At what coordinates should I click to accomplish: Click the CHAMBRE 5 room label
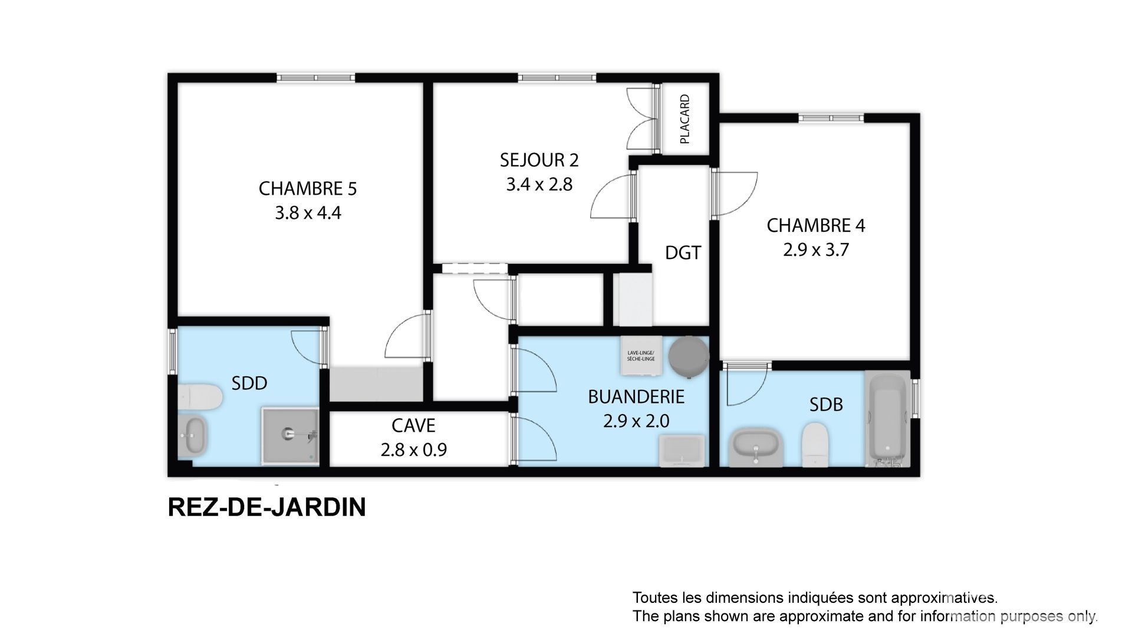coord(308,189)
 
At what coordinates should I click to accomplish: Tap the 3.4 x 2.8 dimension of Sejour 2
coord(539,185)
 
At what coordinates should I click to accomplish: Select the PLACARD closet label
coord(685,119)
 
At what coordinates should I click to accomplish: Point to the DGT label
coord(683,253)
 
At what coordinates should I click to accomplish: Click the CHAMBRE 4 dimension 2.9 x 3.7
coord(815,250)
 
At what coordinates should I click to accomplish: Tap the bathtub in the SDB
coord(888,419)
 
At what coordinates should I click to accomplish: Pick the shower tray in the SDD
coord(290,435)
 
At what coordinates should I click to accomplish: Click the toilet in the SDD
coord(199,398)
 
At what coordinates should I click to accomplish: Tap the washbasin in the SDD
coord(192,435)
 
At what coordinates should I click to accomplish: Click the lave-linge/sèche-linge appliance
coord(641,356)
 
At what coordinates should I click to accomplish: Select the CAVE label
coord(413,425)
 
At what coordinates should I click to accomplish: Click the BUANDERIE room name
coord(636,397)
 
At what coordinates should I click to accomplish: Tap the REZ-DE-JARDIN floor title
coord(267,507)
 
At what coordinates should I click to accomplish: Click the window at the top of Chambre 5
coord(316,77)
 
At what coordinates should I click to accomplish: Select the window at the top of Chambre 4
coord(831,118)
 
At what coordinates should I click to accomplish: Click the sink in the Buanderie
coord(683,451)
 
